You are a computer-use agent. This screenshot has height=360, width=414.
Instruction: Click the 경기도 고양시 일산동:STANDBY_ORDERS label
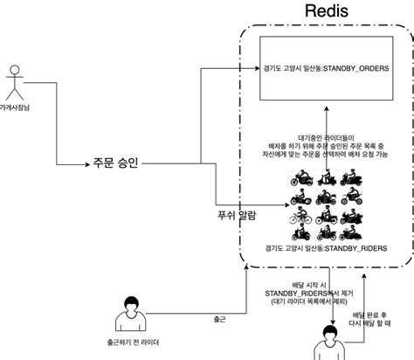325,67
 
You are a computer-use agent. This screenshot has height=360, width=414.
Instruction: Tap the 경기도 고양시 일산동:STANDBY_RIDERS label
325,249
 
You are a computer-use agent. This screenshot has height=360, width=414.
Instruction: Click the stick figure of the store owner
15,87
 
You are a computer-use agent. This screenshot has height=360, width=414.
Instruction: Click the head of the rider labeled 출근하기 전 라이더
131,305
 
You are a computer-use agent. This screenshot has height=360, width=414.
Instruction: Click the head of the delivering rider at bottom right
330,333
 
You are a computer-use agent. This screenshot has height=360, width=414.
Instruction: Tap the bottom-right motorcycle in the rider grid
354,232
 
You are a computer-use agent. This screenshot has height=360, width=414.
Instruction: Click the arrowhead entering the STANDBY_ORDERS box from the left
258,67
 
